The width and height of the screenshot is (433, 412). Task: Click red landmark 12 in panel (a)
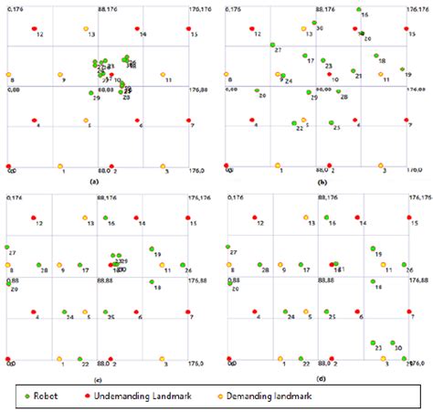point(34,29)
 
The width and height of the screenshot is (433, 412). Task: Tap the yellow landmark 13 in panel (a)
point(86,29)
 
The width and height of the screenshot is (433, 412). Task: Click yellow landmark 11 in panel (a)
point(163,75)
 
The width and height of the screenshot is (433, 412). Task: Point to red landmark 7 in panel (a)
point(188,120)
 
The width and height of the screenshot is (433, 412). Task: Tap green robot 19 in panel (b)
point(402,69)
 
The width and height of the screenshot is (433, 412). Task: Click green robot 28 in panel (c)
point(34,264)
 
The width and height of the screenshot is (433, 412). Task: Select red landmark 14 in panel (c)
point(137,217)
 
